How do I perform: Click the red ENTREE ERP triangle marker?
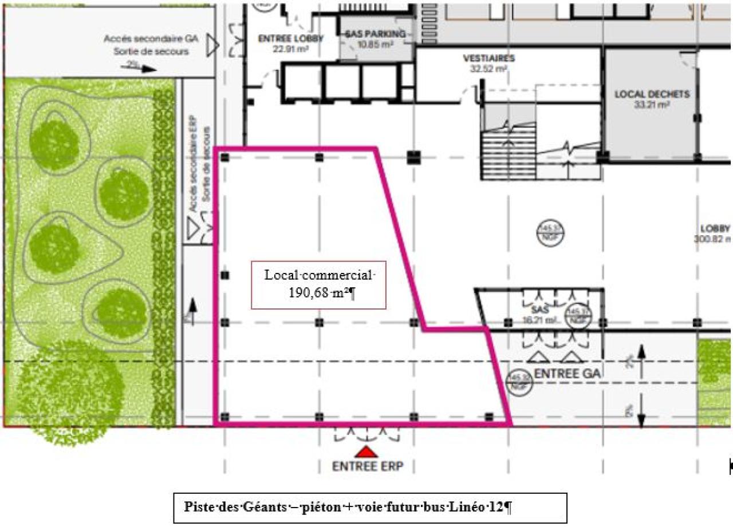coord(366,452)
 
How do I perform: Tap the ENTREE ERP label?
coord(368,466)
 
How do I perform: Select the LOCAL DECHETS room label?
coord(652,94)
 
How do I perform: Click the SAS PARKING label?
coord(375,34)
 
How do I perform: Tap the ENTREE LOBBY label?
coord(291,39)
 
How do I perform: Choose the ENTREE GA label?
coord(567,374)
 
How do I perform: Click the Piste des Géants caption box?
coord(370,508)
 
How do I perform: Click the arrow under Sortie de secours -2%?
coord(140,68)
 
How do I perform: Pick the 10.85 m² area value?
coord(375,44)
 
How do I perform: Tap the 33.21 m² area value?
coord(652,105)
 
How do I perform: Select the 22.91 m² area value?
coord(291,49)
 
